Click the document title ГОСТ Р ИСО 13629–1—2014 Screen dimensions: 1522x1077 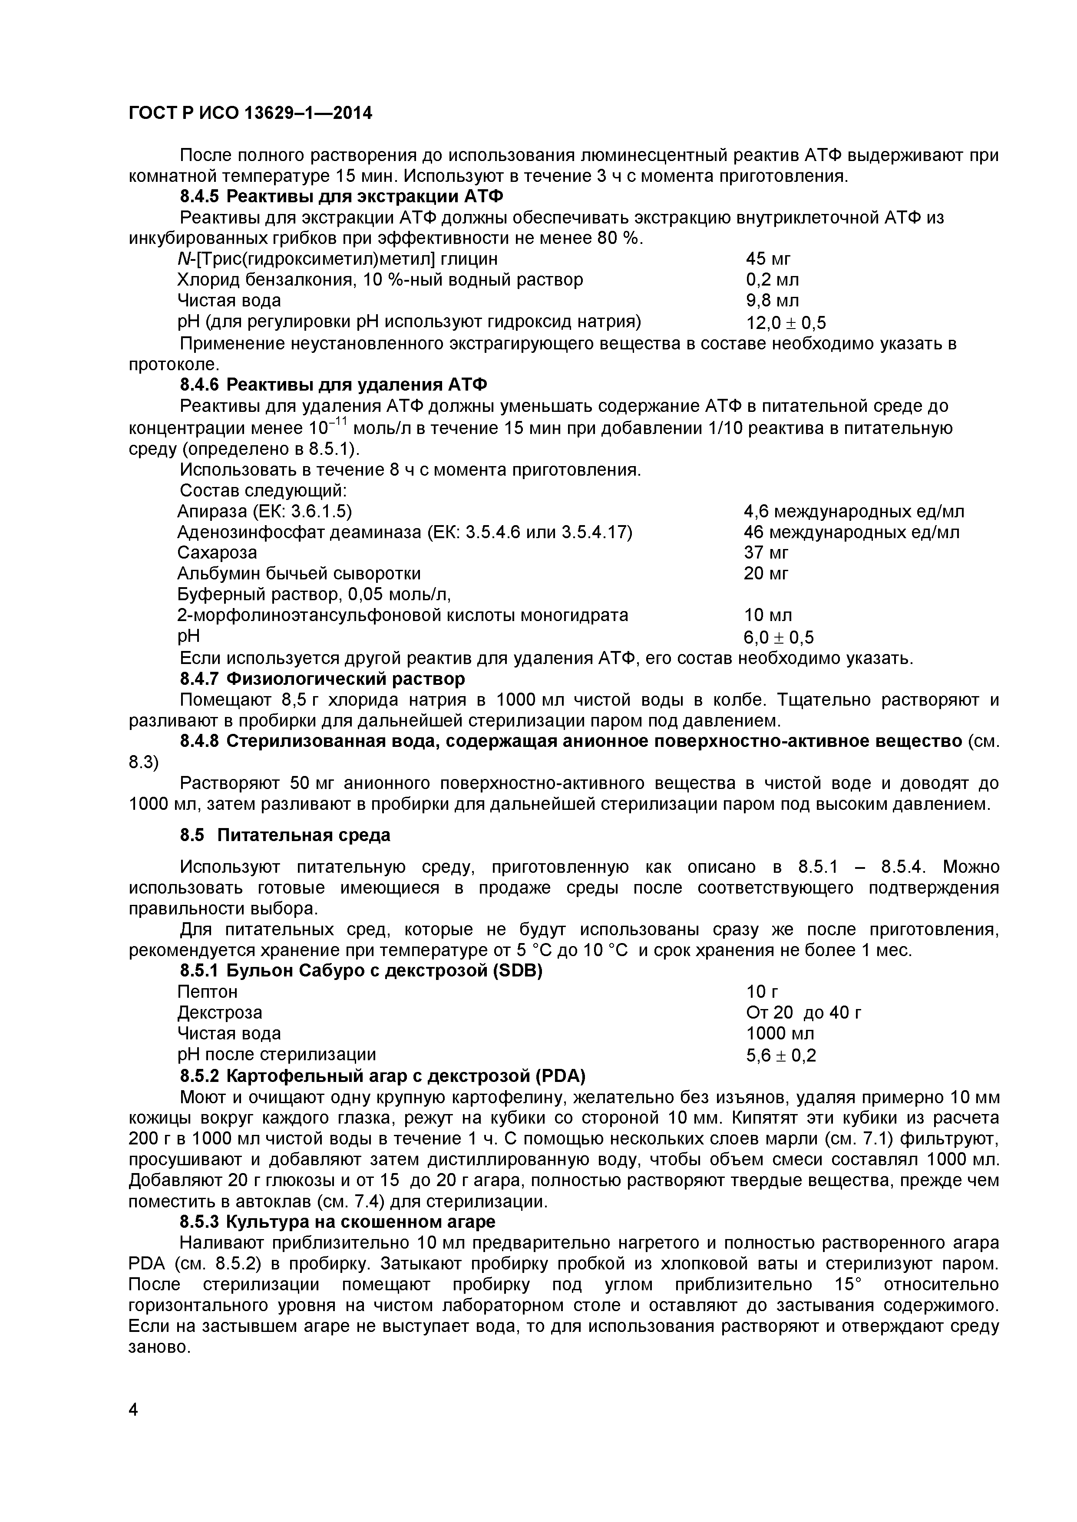(250, 113)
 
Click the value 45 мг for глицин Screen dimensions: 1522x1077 (768, 259)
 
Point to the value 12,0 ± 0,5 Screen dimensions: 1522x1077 (786, 323)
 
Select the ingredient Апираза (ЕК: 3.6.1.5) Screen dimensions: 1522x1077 (264, 511)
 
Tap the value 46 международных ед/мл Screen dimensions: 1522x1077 (851, 533)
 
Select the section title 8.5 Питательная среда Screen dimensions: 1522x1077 (285, 835)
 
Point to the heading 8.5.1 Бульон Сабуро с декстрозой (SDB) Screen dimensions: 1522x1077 (361, 971)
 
